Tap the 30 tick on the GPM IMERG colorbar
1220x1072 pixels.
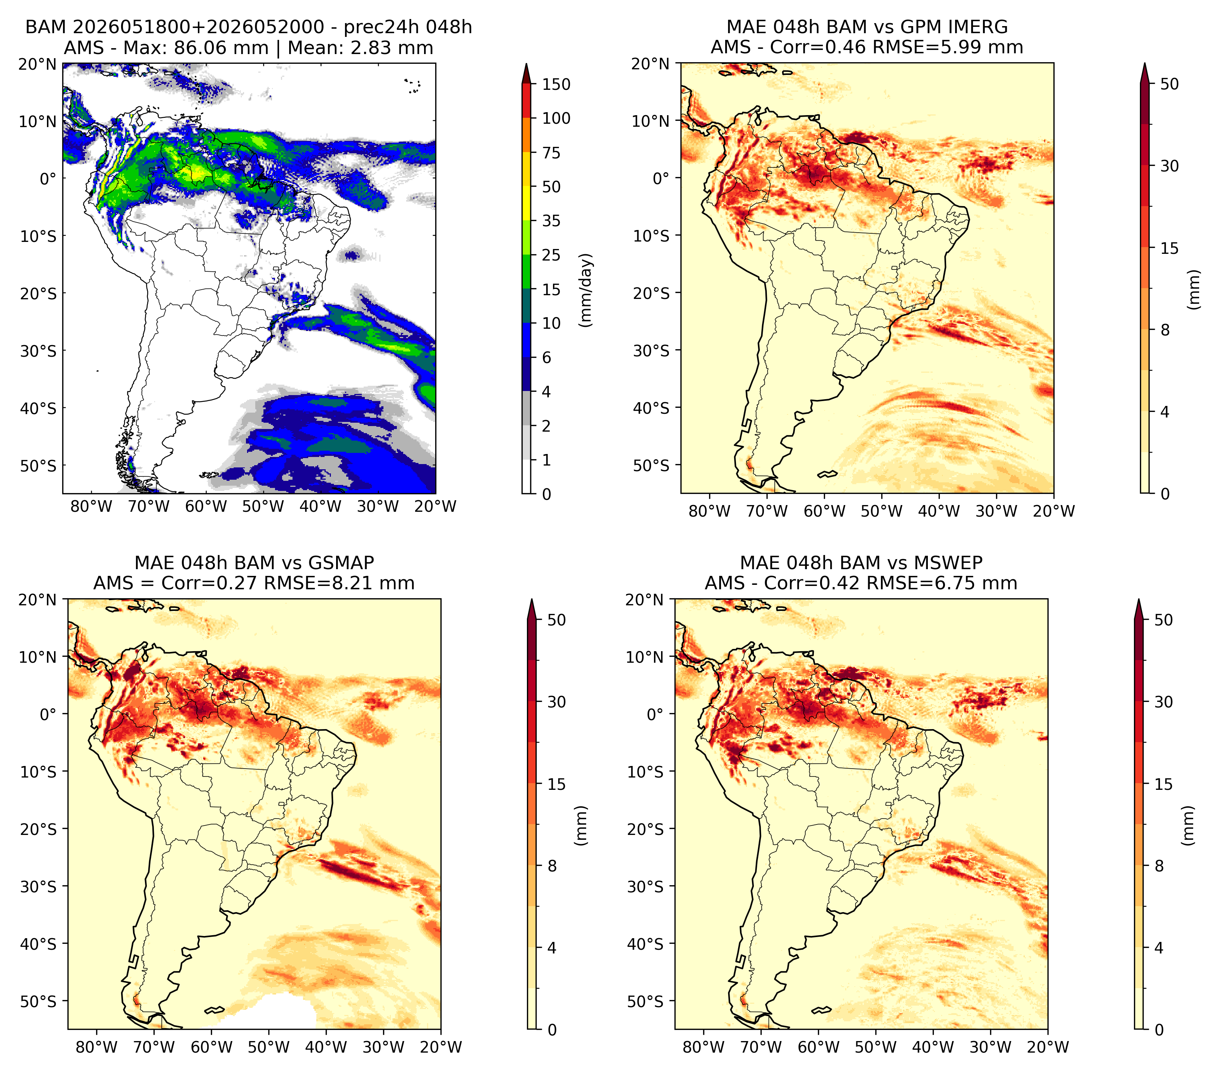(x=1170, y=166)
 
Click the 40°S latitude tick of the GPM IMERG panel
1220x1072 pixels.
(x=652, y=408)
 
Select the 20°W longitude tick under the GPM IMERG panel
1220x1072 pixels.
(x=1054, y=511)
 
